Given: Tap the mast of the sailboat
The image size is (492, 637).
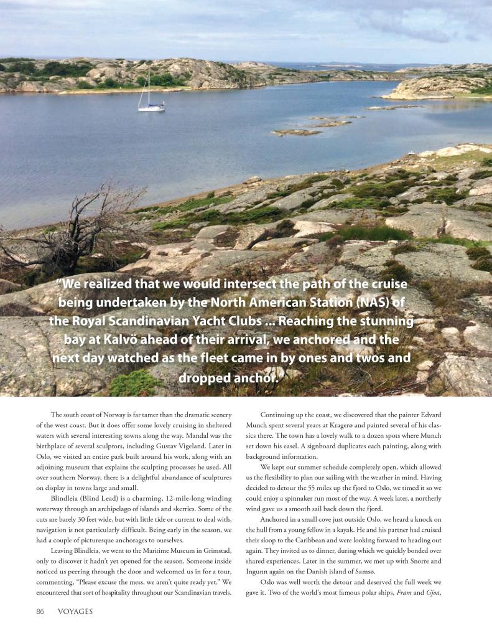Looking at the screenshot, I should pos(149,87).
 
